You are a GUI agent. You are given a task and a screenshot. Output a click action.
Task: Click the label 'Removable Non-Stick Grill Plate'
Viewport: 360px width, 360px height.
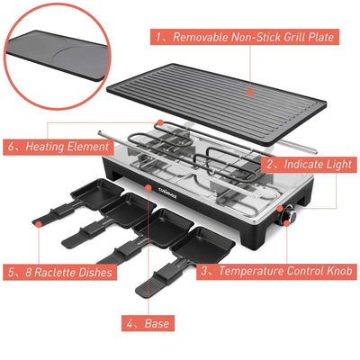(245, 37)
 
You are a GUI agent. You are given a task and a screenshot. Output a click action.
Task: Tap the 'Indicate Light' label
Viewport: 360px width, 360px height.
(309, 164)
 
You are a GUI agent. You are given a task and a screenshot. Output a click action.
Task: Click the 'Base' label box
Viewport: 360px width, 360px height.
(148, 323)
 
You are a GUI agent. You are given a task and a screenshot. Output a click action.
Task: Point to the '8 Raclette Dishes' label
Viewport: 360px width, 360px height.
(59, 272)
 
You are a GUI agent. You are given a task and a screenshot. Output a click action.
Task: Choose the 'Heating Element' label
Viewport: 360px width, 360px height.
(58, 147)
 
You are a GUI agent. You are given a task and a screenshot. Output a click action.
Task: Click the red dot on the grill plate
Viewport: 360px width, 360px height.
(250, 93)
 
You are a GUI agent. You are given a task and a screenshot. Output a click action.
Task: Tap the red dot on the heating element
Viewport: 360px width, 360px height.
(160, 122)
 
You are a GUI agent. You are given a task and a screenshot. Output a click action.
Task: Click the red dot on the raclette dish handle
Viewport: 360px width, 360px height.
(39, 223)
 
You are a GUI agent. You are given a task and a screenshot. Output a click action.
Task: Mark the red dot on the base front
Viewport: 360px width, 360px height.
(148, 187)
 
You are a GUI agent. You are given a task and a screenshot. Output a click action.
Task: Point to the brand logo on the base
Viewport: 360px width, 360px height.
(167, 193)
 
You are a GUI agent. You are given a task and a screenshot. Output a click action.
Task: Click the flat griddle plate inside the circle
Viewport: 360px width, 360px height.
(57, 54)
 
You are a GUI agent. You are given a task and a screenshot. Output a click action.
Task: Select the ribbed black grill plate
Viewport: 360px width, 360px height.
(217, 103)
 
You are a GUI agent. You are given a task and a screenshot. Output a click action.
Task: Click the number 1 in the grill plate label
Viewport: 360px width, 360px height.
(159, 37)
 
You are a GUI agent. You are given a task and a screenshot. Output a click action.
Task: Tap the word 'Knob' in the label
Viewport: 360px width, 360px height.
(339, 271)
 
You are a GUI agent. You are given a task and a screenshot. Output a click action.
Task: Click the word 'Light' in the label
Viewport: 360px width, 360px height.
(340, 165)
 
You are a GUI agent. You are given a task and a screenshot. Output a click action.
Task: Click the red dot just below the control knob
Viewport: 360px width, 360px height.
(286, 223)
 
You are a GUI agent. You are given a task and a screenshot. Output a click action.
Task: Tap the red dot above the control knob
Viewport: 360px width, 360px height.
(280, 209)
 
